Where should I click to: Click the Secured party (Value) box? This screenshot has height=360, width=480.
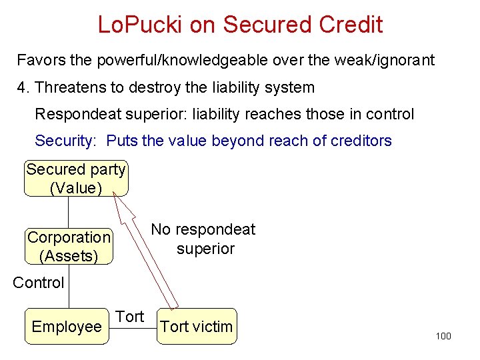(76, 179)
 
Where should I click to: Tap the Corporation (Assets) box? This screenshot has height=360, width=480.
(69, 246)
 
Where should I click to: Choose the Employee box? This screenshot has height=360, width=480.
(66, 327)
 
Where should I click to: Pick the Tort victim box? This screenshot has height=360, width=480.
(197, 327)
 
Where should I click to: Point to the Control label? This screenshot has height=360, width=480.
(39, 283)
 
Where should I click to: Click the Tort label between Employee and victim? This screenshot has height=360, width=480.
(130, 317)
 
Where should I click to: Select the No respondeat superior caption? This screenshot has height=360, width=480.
(203, 239)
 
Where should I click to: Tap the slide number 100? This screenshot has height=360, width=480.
(443, 336)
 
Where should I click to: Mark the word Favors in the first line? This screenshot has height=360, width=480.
(41, 61)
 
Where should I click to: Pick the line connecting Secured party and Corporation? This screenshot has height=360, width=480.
(68, 213)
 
